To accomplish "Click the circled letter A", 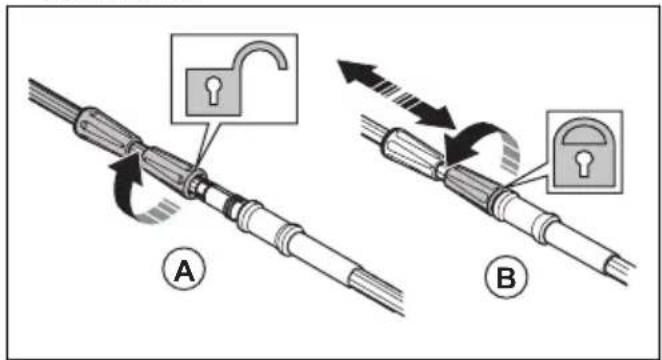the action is (x=184, y=269).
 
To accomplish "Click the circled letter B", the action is (x=506, y=276).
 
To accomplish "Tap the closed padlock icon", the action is (x=585, y=152).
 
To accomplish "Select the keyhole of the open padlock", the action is (x=213, y=90).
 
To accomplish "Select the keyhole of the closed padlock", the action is (x=584, y=163).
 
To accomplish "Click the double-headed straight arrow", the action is (x=396, y=95).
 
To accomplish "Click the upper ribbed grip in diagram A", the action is (x=106, y=127).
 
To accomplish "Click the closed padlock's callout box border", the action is (x=548, y=152).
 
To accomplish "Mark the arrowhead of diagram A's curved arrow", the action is (x=127, y=165).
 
